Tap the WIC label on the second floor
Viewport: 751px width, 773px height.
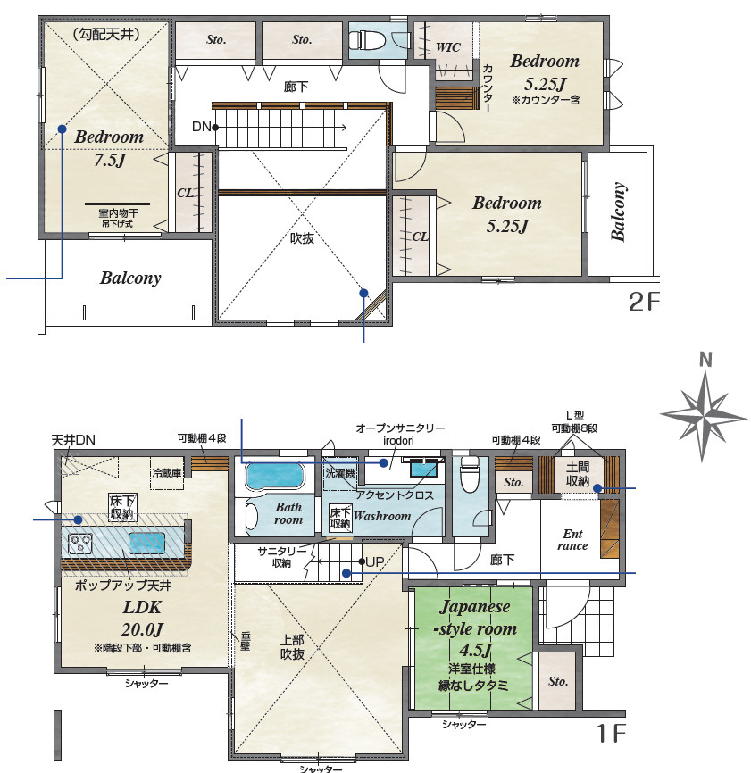(448, 47)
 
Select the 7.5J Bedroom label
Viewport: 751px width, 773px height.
(109, 148)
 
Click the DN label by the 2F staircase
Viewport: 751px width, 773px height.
(201, 127)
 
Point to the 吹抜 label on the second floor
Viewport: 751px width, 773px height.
(302, 238)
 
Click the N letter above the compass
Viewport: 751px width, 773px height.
(705, 360)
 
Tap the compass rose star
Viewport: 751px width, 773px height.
(704, 416)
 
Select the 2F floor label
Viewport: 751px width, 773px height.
(644, 302)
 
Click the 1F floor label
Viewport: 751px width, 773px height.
(611, 733)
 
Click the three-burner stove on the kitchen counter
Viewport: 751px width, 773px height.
(81, 544)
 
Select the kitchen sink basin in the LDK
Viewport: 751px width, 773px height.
(146, 543)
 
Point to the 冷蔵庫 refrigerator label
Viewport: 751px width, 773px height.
(167, 473)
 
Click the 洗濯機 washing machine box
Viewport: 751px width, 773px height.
(339, 473)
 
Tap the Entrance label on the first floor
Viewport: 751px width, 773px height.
(572, 540)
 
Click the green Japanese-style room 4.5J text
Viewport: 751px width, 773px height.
(475, 628)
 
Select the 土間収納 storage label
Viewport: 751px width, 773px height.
(578, 474)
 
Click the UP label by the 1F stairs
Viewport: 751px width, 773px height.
(375, 561)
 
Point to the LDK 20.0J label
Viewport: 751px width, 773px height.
(142, 619)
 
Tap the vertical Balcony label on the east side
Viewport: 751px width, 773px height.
(618, 212)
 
